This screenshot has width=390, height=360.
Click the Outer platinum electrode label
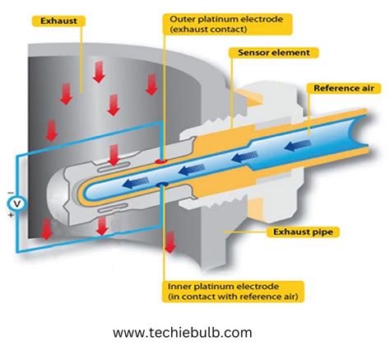point(211,22)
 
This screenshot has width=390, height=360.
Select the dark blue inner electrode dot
point(163,184)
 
